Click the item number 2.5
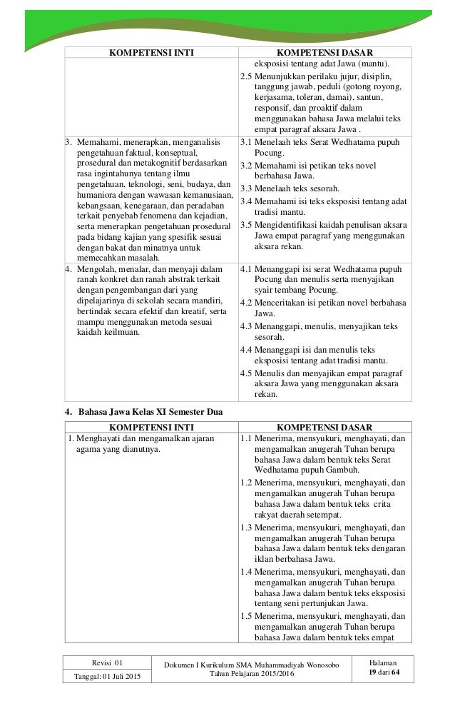[246, 75]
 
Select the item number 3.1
[246, 143]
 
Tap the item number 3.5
[246, 225]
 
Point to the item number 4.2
[246, 303]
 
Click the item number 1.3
[246, 528]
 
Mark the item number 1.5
[246, 615]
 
